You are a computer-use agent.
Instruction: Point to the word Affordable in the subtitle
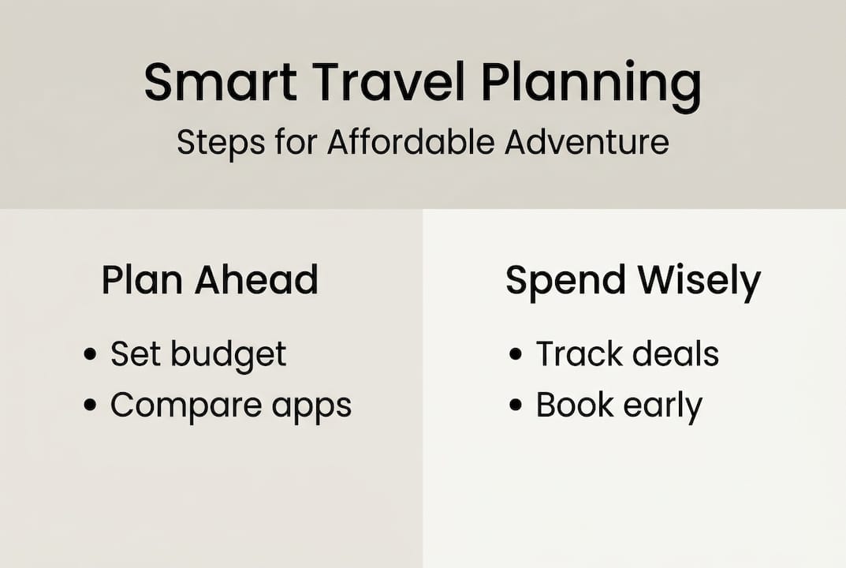[x=410, y=143]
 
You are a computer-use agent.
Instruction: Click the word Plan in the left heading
[x=137, y=280]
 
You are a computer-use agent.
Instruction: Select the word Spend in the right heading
[x=565, y=282]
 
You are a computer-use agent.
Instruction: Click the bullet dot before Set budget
[x=91, y=354]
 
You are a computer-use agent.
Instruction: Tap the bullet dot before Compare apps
[x=91, y=405]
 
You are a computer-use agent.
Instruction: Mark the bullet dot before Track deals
[x=516, y=354]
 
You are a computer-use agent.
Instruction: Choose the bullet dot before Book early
[x=516, y=405]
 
